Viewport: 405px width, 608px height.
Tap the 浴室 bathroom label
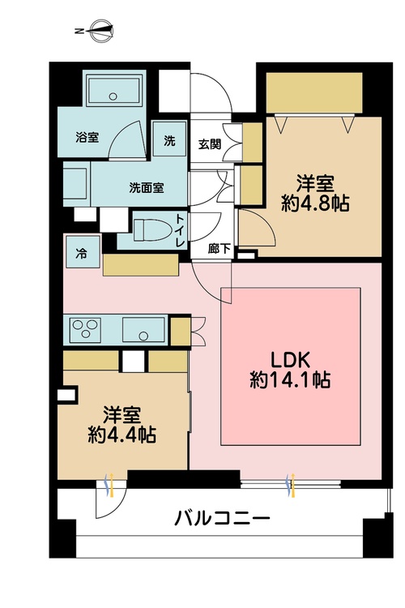[x=87, y=137]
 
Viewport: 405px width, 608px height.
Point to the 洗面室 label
[x=147, y=187]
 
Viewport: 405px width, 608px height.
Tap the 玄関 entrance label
[x=209, y=144]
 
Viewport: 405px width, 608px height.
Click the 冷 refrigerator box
[x=82, y=252]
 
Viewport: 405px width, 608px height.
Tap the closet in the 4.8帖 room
[x=313, y=94]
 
